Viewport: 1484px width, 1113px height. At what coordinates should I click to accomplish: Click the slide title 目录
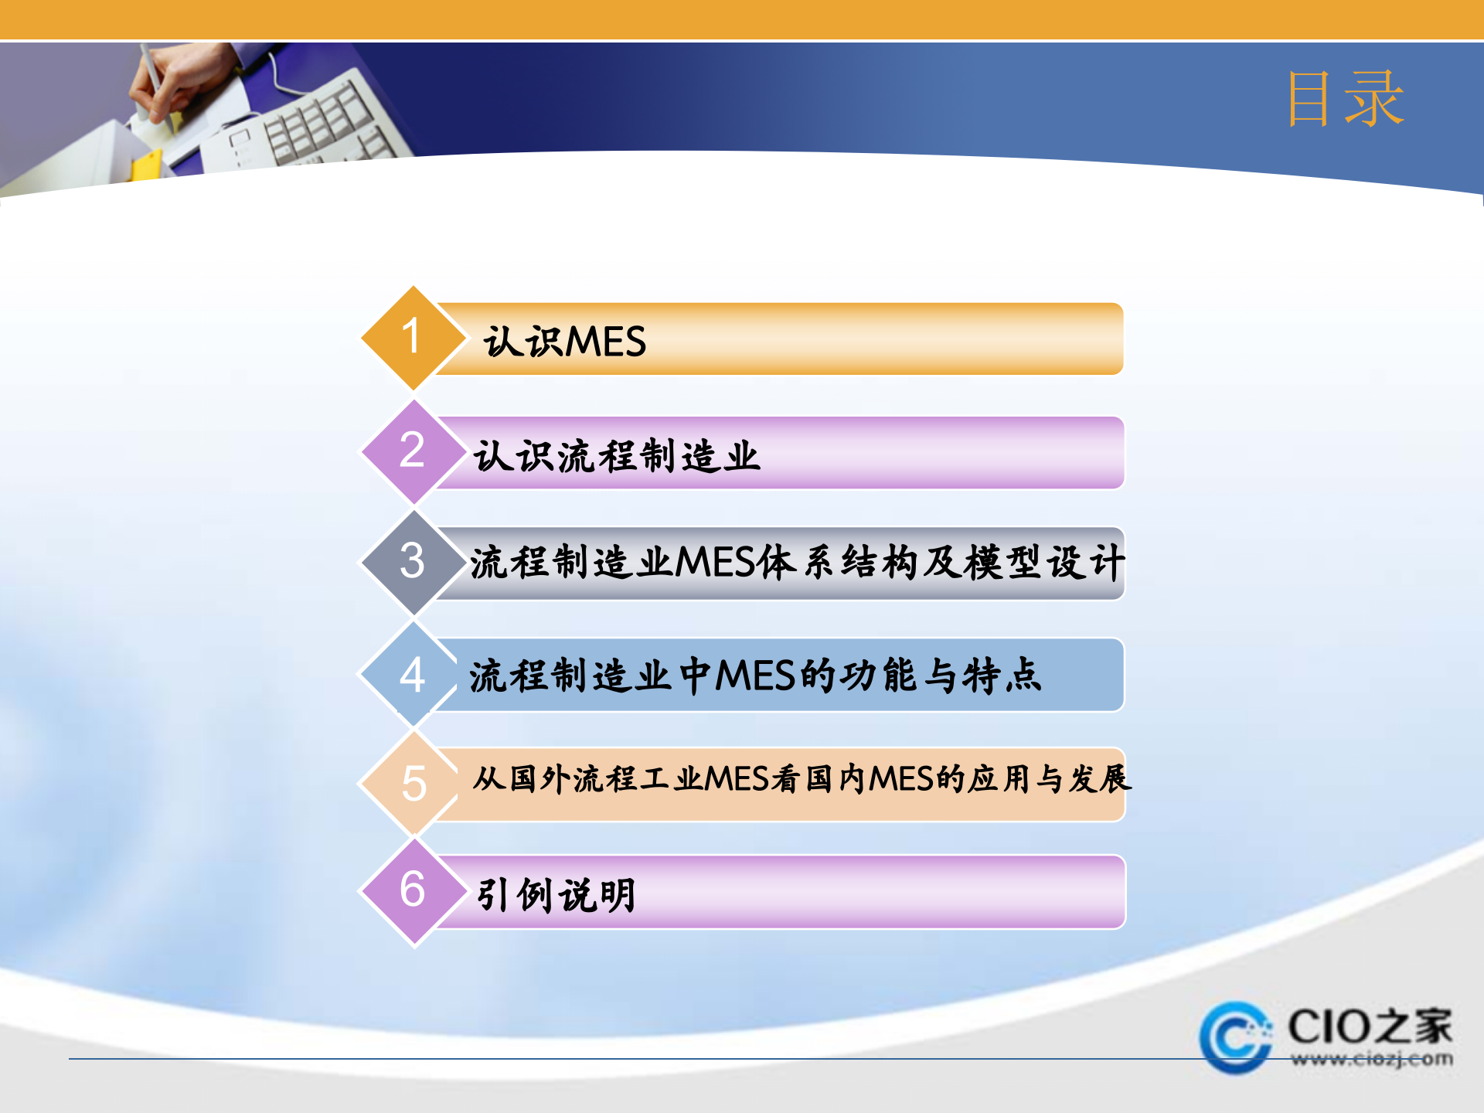pyautogui.click(x=1345, y=98)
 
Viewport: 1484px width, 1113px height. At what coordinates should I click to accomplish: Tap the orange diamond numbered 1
pyautogui.click(x=413, y=338)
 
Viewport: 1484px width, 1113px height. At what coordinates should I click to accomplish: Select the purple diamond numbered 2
pyautogui.click(x=413, y=451)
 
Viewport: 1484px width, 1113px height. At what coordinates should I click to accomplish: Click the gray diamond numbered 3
pyautogui.click(x=413, y=561)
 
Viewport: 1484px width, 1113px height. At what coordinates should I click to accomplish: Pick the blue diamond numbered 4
pyautogui.click(x=413, y=674)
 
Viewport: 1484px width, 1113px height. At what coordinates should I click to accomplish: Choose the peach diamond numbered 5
pyautogui.click(x=413, y=783)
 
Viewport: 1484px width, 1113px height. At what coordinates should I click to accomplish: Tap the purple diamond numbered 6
pyautogui.click(x=413, y=890)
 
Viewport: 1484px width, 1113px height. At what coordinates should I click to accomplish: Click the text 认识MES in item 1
pyautogui.click(x=564, y=342)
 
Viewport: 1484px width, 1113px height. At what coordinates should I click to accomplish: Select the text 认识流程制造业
pyautogui.click(x=616, y=455)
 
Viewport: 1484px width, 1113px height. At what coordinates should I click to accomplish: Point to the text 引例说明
pyautogui.click(x=556, y=895)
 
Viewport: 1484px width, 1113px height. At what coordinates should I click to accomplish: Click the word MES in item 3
pyautogui.click(x=714, y=563)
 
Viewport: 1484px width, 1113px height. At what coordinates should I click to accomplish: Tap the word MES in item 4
pyautogui.click(x=755, y=676)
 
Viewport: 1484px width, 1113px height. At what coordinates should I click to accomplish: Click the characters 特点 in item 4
pyautogui.click(x=1002, y=676)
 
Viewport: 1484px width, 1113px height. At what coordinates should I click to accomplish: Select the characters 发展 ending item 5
pyautogui.click(x=1100, y=779)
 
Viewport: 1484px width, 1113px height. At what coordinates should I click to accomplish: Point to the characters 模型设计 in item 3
pyautogui.click(x=1045, y=563)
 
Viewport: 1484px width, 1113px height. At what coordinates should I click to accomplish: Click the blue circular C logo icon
pyautogui.click(x=1235, y=1037)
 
